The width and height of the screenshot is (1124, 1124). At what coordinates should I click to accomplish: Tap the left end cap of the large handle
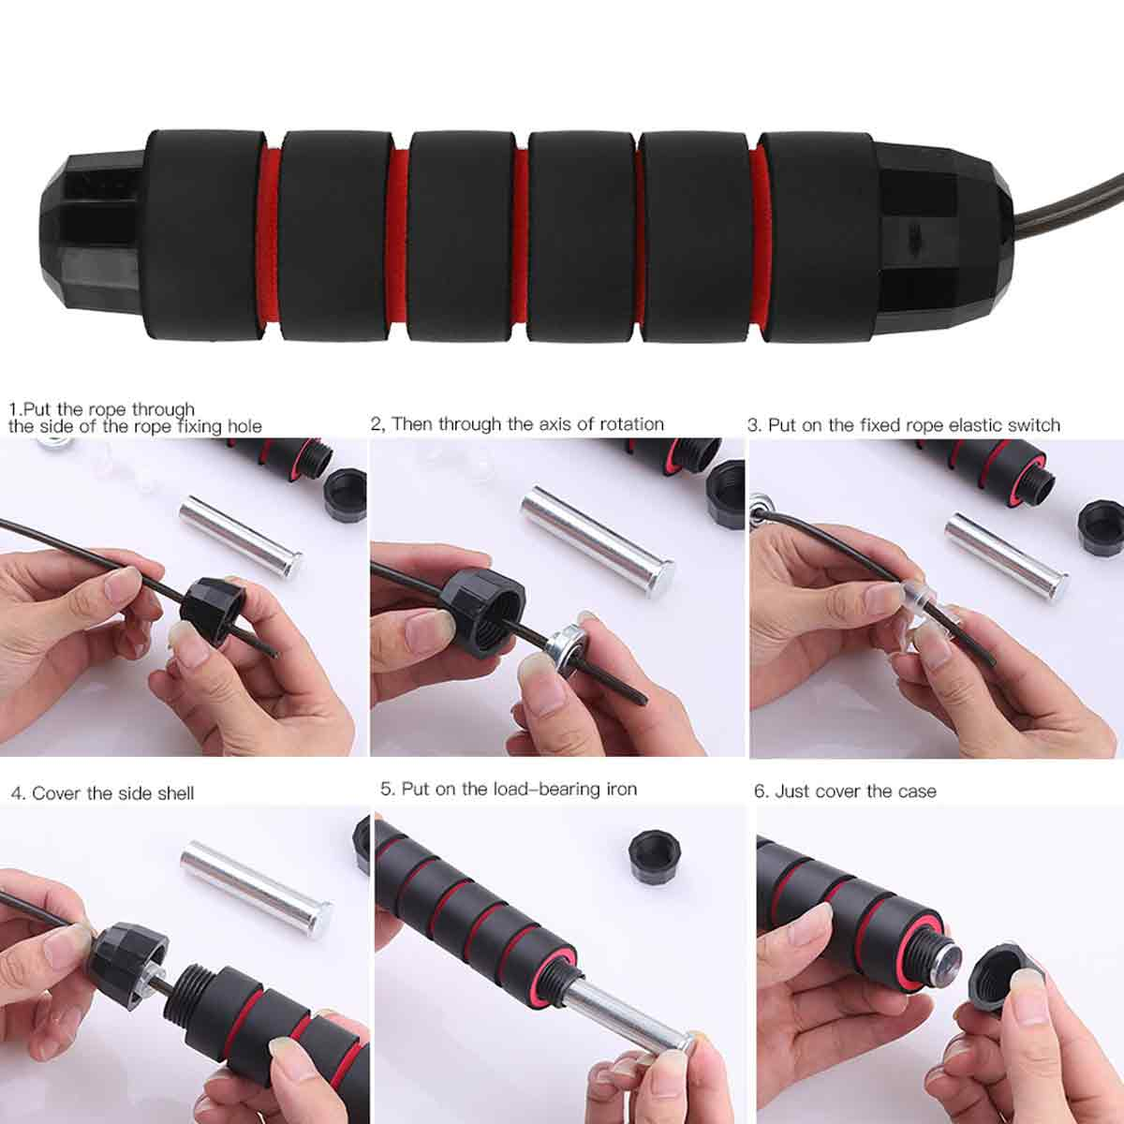pos(94,233)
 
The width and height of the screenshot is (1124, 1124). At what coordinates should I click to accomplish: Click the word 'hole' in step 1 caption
pos(244,427)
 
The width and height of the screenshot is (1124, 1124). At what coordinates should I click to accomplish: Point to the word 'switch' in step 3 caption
pos(1033,425)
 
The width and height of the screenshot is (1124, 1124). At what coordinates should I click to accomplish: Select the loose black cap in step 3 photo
pos(1100,528)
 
